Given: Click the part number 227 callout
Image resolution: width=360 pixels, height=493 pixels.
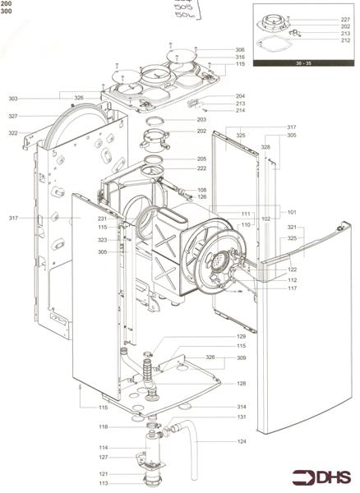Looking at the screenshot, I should [x=345, y=18].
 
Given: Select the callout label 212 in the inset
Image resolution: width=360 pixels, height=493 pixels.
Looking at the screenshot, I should [x=345, y=39].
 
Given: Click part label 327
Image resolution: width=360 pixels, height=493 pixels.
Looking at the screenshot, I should [x=14, y=116].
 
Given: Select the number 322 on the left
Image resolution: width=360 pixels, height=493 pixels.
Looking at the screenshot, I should [x=14, y=132].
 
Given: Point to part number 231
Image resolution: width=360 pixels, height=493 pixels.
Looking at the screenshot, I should [x=103, y=219].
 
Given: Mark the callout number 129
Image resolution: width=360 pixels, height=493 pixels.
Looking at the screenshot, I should [x=241, y=337].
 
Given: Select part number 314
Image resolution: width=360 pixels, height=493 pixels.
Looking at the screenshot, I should [x=241, y=407].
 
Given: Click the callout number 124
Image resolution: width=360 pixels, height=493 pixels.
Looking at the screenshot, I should [x=241, y=442].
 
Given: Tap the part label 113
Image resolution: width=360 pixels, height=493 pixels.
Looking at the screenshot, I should [x=104, y=484].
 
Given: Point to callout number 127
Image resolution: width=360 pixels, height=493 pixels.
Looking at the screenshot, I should [x=104, y=457].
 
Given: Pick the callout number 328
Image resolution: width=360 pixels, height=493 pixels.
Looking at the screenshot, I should [x=265, y=146].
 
